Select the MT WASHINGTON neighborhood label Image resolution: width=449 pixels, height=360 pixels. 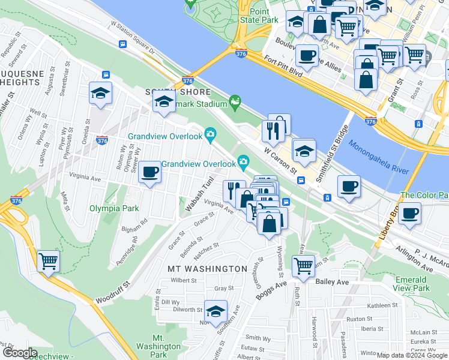[207, 268]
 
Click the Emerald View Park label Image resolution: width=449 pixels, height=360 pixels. [421, 284]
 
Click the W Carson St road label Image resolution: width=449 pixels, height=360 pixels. [282, 160]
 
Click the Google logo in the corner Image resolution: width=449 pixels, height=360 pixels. [19, 353]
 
